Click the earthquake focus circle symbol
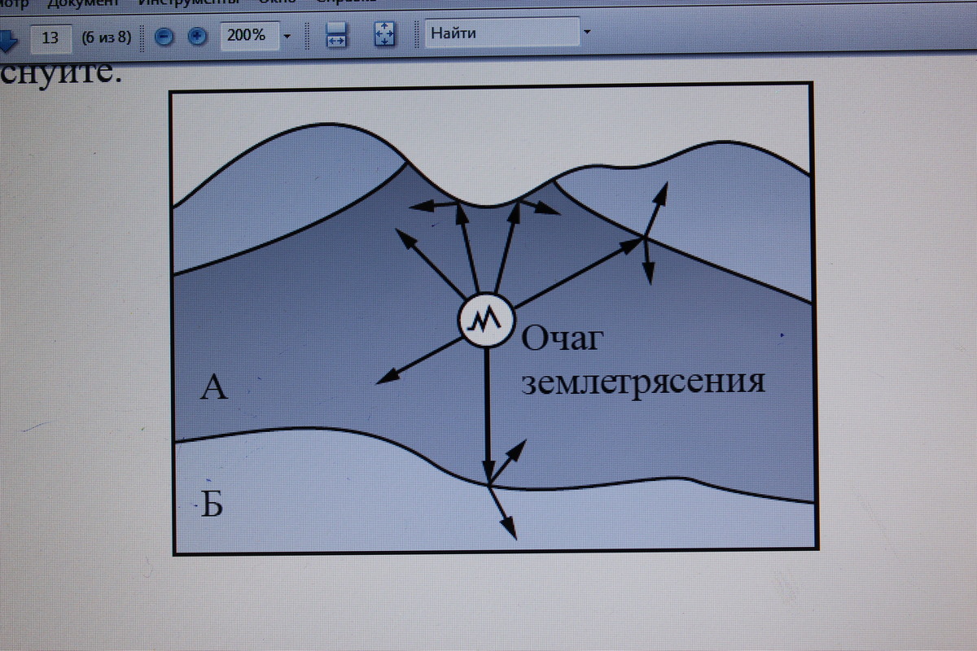click(x=485, y=320)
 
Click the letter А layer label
click(x=213, y=388)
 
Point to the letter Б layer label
click(x=212, y=505)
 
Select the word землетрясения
click(x=642, y=381)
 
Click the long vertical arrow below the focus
click(x=487, y=415)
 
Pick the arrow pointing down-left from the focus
click(x=418, y=360)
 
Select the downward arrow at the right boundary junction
click(x=647, y=260)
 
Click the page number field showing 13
click(x=50, y=37)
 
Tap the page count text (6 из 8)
click(x=106, y=37)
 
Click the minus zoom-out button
click(x=164, y=37)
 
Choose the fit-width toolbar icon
click(x=336, y=35)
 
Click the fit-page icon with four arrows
click(x=383, y=34)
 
